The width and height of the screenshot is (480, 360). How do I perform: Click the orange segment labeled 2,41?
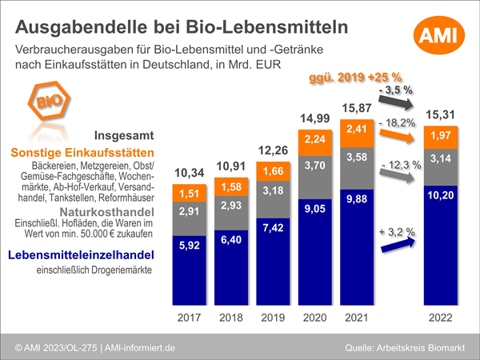point(357,128)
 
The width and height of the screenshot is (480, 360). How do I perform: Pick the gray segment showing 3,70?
point(315,166)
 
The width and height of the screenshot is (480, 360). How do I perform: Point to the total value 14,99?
point(315,118)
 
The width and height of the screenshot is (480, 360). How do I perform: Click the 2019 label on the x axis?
point(274,318)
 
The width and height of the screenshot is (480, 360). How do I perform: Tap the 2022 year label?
point(442,318)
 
